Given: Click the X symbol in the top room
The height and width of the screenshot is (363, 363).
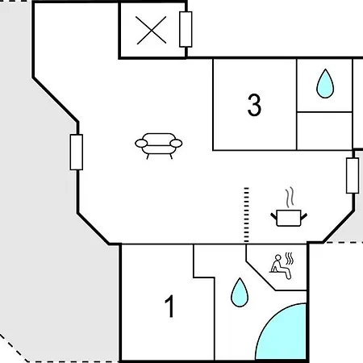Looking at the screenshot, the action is pos(151,30).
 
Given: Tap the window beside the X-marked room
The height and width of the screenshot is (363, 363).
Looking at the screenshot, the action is pos(186,29).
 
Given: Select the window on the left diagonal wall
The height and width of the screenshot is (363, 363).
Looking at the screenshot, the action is pos(77,152).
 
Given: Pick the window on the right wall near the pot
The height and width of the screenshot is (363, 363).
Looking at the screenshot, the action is pos(353,176).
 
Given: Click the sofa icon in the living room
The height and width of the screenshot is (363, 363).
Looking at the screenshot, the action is pos(159,146).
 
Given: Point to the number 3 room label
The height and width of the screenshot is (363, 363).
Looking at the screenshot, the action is pos(254,105).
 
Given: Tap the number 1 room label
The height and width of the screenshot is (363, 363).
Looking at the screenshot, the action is pos(169,307).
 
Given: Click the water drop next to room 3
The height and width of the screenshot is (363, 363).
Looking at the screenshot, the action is pos(325,84).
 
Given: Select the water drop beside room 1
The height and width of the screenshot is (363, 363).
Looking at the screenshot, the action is pos(240,292).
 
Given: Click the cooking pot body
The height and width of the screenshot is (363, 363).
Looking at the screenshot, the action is pos(289,218).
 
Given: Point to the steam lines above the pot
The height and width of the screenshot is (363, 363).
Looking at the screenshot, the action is pos(290,198).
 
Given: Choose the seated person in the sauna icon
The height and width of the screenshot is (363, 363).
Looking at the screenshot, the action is pos(280,267).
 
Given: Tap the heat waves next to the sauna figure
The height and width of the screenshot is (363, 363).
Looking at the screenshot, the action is pos(289,259).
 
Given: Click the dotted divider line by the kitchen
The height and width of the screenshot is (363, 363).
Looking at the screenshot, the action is pos(246,215).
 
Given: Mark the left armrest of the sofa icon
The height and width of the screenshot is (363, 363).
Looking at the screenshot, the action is pos(141,144).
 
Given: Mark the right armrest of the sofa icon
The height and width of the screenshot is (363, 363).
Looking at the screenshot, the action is pos(176,144).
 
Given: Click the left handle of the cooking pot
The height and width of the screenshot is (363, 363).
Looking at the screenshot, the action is pos(273,216).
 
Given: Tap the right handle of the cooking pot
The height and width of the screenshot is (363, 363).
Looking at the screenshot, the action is pos(304,216).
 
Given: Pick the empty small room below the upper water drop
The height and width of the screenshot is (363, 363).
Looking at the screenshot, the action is pos(324,131).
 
